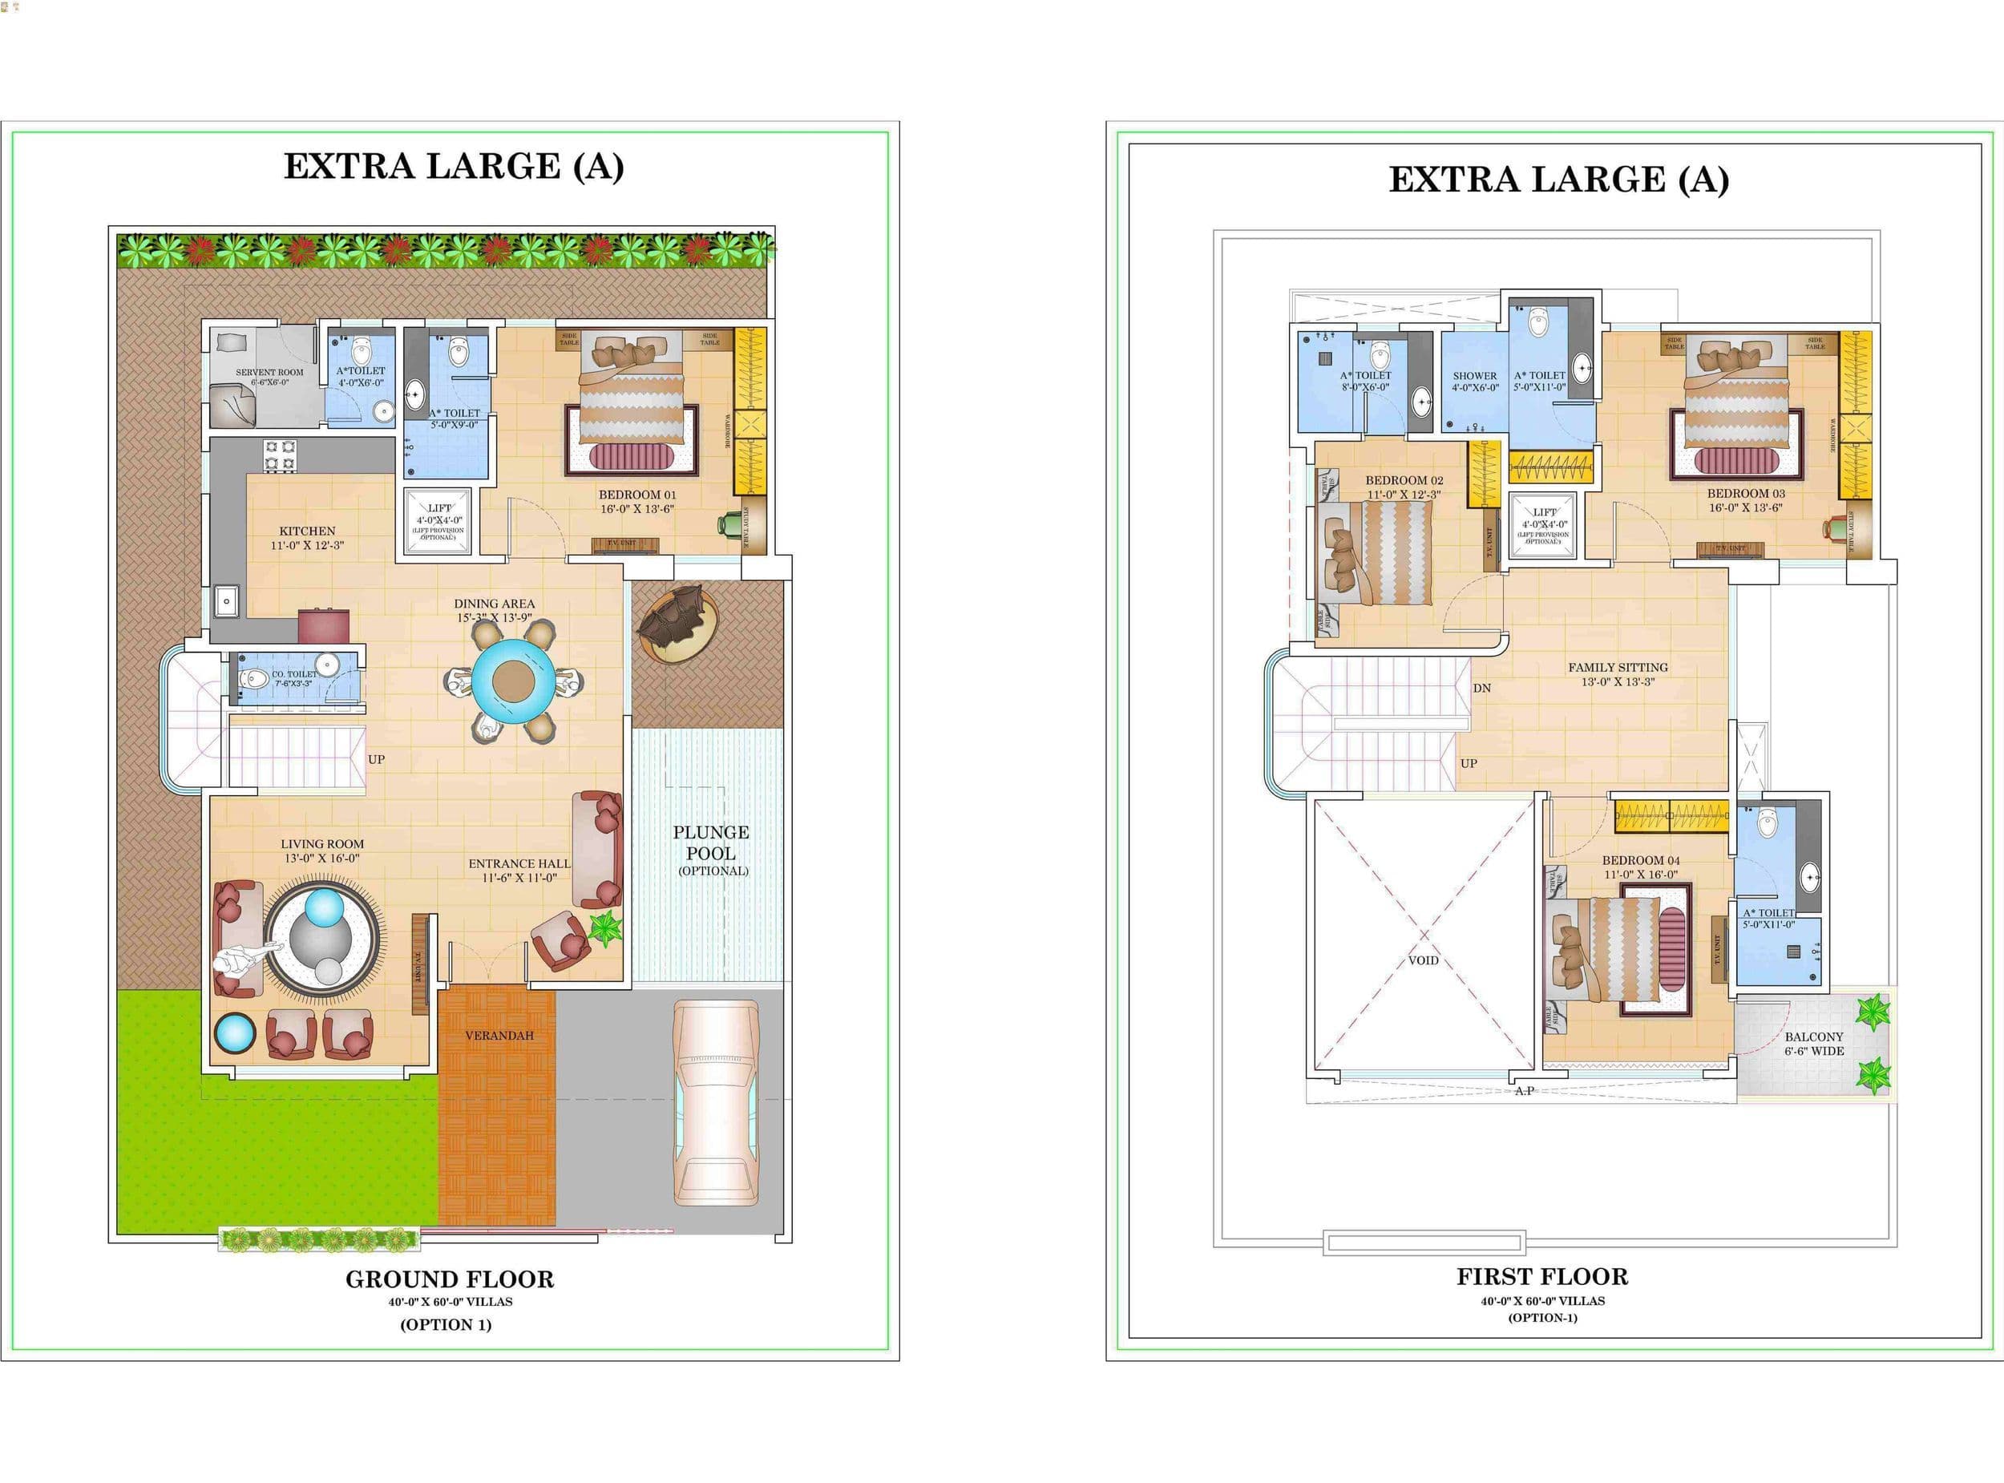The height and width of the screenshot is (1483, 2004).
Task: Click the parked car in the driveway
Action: pyautogui.click(x=715, y=1103)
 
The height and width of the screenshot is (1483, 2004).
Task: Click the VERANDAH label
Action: pyautogui.click(x=499, y=1035)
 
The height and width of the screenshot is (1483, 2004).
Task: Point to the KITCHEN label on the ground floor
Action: pyautogui.click(x=307, y=531)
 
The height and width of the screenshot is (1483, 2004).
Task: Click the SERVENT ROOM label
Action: pyautogui.click(x=269, y=373)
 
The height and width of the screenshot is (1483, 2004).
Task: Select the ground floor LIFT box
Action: pyautogui.click(x=438, y=521)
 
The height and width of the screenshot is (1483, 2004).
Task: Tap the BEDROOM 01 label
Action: pyautogui.click(x=637, y=495)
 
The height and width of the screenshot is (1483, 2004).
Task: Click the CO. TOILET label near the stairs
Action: pyautogui.click(x=294, y=674)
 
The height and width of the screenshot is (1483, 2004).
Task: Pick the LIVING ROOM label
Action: pyautogui.click(x=322, y=844)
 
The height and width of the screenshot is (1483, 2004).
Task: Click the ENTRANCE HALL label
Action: pyautogui.click(x=519, y=863)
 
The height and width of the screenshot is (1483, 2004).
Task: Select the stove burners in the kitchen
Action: pyautogui.click(x=280, y=455)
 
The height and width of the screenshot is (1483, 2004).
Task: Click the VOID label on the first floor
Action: pyautogui.click(x=1424, y=960)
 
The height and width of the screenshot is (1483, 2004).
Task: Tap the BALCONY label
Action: pyautogui.click(x=1814, y=1036)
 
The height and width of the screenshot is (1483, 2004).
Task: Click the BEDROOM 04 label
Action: pyautogui.click(x=1642, y=860)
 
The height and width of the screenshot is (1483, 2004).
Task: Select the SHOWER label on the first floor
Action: pyautogui.click(x=1474, y=376)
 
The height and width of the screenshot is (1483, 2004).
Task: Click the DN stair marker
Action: pyautogui.click(x=1481, y=689)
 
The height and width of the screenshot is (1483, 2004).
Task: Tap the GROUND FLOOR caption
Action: pyautogui.click(x=450, y=1279)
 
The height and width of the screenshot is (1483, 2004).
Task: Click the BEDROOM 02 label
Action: pyautogui.click(x=1404, y=480)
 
